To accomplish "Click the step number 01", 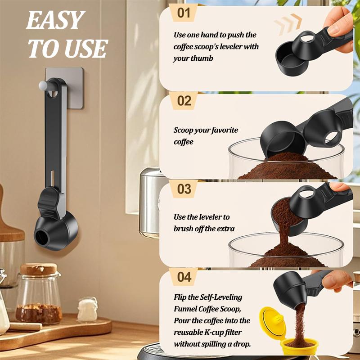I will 184,13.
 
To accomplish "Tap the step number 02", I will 184,100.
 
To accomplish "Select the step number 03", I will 184,188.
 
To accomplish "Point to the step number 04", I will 184,276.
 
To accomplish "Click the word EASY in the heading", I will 55,20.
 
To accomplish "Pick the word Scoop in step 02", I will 185,130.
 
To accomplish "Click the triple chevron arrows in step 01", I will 288,24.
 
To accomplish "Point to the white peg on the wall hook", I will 43,84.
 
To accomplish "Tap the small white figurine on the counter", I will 87,309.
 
